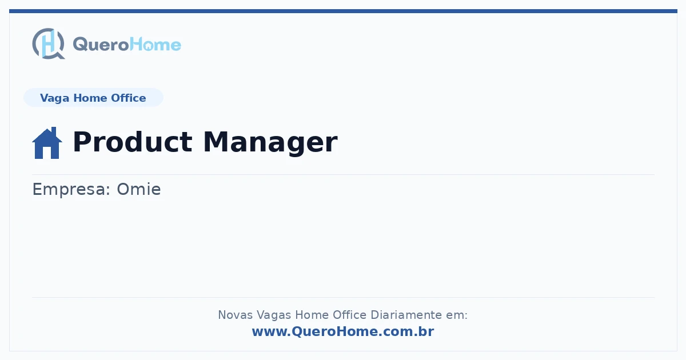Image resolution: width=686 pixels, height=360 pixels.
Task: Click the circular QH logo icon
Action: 49,43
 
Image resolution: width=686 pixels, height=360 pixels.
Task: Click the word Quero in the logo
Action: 101,45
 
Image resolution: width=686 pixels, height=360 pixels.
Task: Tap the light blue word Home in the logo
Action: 155,45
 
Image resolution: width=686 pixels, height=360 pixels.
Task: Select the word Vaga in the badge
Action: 54,98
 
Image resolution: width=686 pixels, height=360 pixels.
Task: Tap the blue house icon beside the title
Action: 47,143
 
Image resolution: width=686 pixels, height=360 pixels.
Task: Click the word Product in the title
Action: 133,142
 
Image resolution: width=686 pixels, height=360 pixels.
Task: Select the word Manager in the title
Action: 270,143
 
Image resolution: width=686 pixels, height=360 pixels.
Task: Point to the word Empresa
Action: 71,190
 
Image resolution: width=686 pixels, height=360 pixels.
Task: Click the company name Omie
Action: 139,189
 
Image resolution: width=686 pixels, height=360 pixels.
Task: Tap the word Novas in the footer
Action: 235,315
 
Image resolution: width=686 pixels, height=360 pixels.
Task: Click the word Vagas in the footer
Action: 274,315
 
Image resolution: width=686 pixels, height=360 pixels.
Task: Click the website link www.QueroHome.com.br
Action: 343,331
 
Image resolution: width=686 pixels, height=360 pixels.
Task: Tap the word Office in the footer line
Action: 349,315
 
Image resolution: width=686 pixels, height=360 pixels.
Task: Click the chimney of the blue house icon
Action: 54,131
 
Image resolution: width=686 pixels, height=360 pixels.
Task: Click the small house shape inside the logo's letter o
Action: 149,47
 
